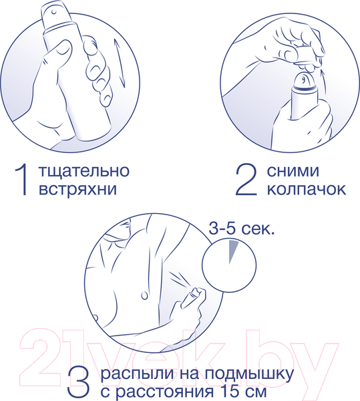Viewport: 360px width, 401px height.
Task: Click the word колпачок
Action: click(306, 188)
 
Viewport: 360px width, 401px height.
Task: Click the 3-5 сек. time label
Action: click(242, 231)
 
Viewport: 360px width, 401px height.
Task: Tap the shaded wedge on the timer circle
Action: click(232, 251)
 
